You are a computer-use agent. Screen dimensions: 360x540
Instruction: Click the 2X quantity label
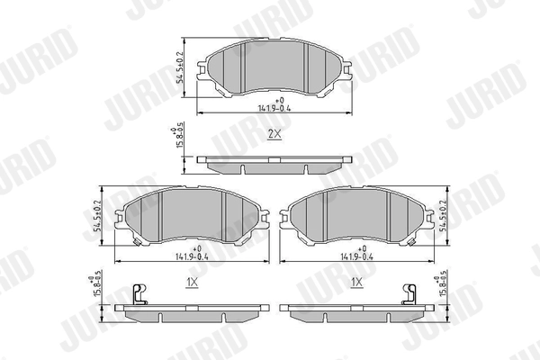pos(274,134)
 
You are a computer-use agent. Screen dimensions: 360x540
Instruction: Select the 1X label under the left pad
pos(192,283)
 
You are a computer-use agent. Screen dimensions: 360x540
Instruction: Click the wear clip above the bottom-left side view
pos(137,293)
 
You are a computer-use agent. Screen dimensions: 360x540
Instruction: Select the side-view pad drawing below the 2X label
pos(273,165)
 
